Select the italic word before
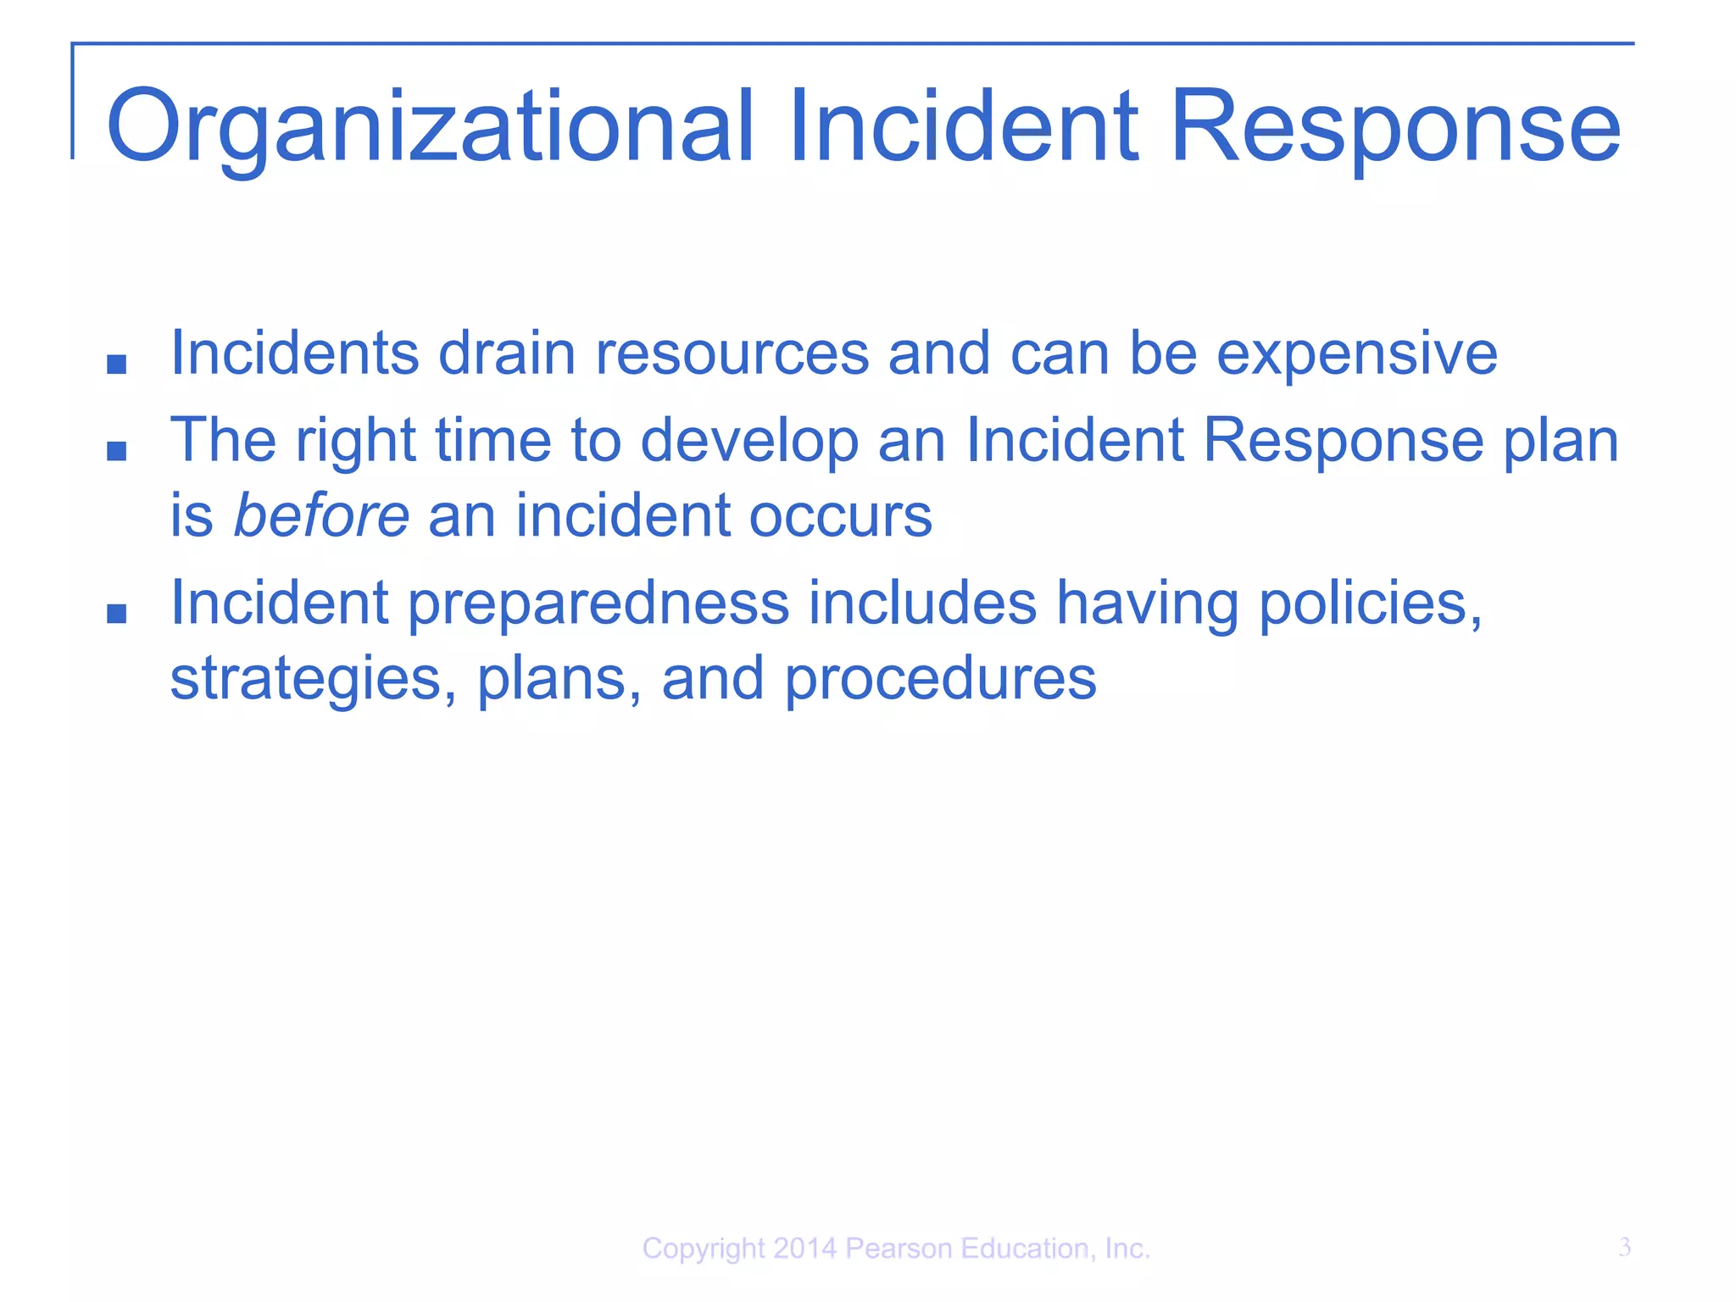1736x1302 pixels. tap(321, 515)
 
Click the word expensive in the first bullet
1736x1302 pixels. tap(1357, 353)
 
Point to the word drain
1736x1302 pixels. tap(506, 353)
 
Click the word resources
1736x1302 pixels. tap(732, 353)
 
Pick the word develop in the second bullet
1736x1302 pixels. tap(749, 442)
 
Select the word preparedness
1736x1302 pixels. tap(598, 604)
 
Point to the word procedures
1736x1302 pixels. tap(940, 679)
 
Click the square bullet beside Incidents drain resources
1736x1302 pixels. tap(117, 365)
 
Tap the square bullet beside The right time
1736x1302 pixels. tap(117, 452)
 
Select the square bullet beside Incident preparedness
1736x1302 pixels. tap(117, 614)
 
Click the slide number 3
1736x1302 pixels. tap(1624, 1247)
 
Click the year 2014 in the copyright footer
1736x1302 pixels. tap(804, 1249)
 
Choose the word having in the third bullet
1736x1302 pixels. tap(1148, 604)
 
